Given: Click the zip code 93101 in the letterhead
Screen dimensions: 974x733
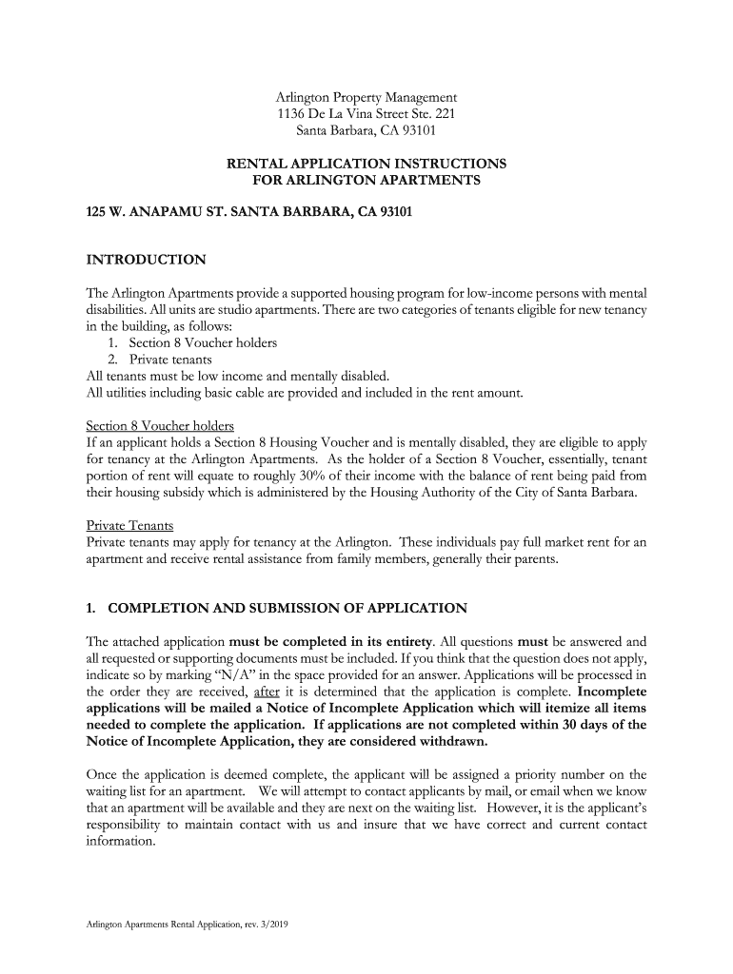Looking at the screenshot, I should click(x=416, y=131).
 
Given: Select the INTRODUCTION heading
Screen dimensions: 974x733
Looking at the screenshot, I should click(x=146, y=260).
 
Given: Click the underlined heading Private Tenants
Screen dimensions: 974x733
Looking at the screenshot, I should click(x=129, y=524).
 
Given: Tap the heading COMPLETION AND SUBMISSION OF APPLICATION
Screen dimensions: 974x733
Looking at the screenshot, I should click(x=287, y=608).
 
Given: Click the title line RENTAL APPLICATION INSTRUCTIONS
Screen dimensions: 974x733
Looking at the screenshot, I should click(x=366, y=164).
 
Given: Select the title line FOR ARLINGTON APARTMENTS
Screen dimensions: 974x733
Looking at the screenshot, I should click(x=366, y=181).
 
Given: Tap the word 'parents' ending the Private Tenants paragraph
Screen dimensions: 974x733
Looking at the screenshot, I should click(x=535, y=559).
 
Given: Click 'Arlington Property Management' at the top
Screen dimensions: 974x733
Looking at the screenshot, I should click(x=366, y=97).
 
